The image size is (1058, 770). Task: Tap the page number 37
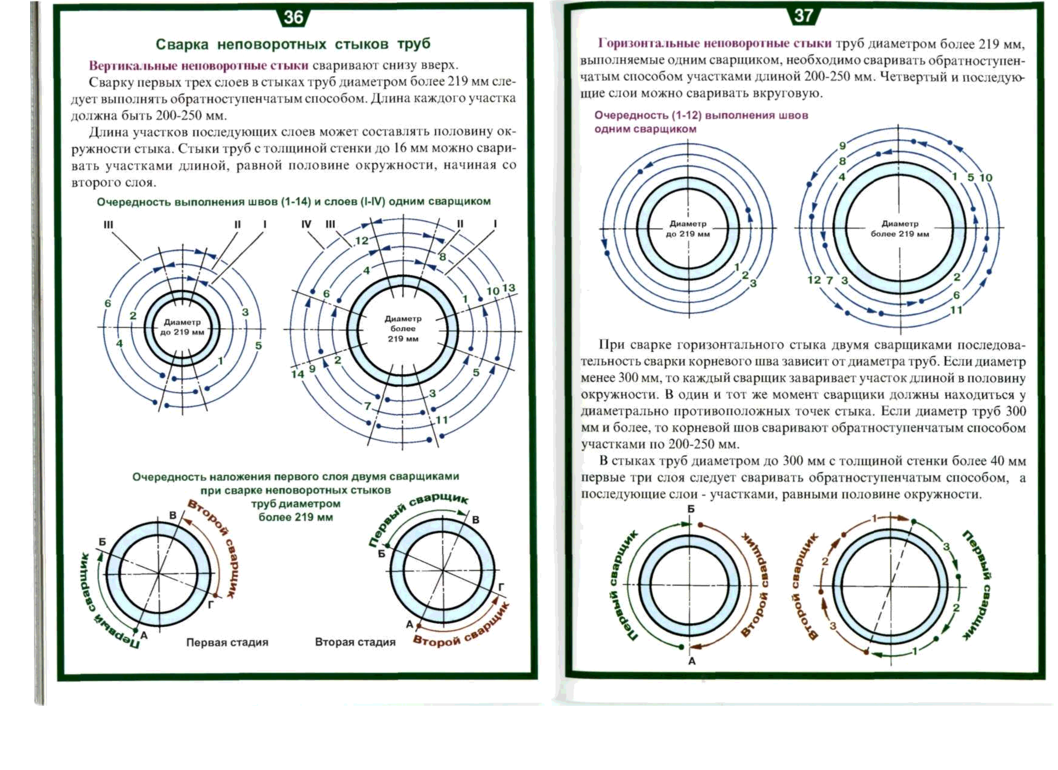tap(803, 16)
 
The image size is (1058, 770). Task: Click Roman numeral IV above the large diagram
tap(306, 224)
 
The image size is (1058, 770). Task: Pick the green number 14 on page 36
tap(297, 374)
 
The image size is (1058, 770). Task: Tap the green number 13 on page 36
tap(508, 288)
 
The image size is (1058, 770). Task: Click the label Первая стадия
tap(227, 642)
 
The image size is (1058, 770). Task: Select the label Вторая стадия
tap(355, 642)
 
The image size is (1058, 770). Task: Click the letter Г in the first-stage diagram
tap(211, 604)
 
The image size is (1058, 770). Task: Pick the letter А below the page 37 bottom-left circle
tap(692, 661)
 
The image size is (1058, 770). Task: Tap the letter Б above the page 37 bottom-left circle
tap(691, 509)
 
